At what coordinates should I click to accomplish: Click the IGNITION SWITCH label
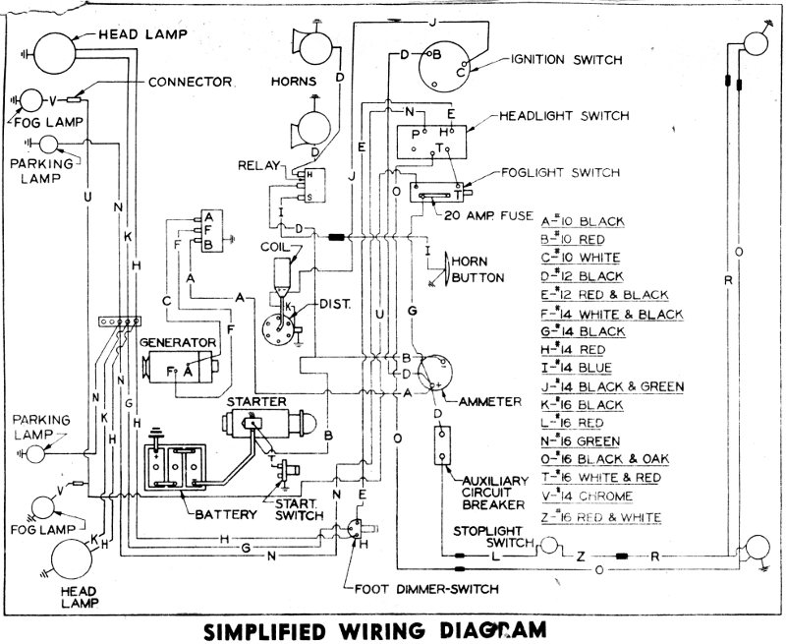click(x=566, y=60)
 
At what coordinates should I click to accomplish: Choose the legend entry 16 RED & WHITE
click(x=600, y=517)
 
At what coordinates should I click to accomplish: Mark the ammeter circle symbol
click(x=435, y=377)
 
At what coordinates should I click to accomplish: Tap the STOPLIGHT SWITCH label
click(x=488, y=537)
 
